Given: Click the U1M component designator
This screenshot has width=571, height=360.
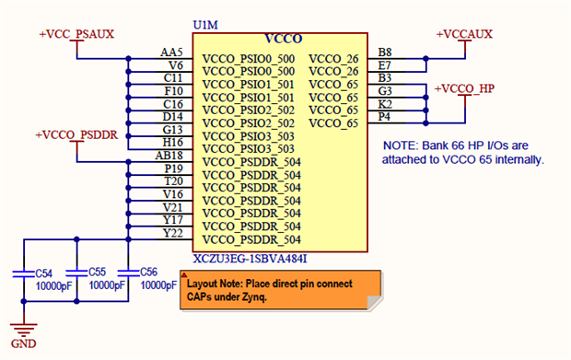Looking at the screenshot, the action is pos(205,25).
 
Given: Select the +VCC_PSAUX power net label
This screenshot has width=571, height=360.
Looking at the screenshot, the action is pos(76,34).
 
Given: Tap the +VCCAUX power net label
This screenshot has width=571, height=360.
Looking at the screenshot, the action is pos(464,34).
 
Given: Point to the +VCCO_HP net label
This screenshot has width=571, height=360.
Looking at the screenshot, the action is pos(464,88).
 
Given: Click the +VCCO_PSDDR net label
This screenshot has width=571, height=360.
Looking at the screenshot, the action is pos(76,135).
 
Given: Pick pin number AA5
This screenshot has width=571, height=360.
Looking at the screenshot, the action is pos(171,52).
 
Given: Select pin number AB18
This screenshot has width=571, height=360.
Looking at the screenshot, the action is pos(169,156).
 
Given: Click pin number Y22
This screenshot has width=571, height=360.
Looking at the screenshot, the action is pos(172,233).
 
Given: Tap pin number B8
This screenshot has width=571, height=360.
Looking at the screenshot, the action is pos(385,52).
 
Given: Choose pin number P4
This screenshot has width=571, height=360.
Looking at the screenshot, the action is pos(384,117).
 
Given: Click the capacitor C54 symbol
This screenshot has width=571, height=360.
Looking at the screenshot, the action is pos(24,273).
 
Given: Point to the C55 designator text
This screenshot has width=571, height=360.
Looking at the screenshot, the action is pos(98,272).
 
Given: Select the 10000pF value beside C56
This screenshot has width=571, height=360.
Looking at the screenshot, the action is pos(158,285).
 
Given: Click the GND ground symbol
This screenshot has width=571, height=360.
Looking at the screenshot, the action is pos(24,330).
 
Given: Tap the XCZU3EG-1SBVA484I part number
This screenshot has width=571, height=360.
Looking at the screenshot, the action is pos(251,259).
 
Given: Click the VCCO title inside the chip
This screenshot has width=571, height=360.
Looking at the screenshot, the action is pos(284,39).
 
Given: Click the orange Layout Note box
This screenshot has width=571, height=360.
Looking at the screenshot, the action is pos(281,290).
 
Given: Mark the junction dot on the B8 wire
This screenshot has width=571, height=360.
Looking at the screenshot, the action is pos(425,58).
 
